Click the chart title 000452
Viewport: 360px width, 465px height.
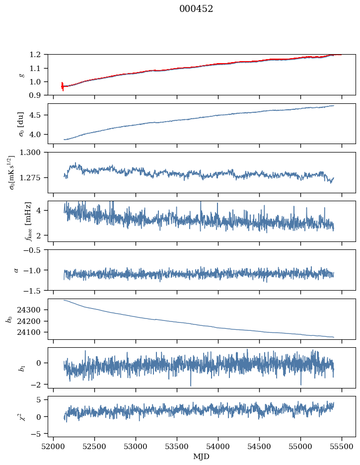(x=196, y=9)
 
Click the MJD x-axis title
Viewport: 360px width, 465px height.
(x=202, y=456)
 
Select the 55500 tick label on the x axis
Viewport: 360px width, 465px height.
(x=342, y=447)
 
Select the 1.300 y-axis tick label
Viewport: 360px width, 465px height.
(x=34, y=153)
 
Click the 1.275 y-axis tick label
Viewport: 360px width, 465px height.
(x=34, y=178)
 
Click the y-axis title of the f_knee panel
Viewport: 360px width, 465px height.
(x=14, y=222)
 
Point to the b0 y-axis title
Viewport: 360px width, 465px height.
(x=8, y=319)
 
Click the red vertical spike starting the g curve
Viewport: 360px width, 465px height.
(x=63, y=86)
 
